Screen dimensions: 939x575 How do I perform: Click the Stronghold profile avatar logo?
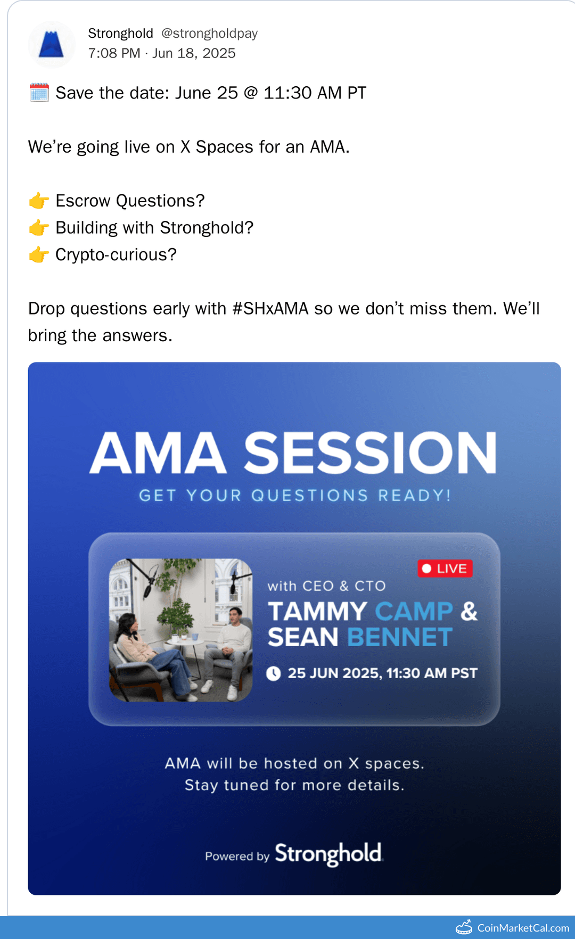(52, 45)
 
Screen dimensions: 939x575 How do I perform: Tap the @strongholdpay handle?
(209, 34)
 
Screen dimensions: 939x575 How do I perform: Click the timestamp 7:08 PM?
(114, 54)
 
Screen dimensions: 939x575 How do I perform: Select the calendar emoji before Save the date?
(39, 93)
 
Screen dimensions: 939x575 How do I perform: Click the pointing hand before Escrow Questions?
(39, 201)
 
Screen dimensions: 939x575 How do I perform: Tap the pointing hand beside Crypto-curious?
(39, 255)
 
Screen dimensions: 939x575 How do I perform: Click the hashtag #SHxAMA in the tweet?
(270, 309)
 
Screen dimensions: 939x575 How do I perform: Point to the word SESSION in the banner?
(371, 453)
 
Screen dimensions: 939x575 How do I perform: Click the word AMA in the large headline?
(158, 453)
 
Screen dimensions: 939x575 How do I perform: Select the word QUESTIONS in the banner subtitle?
(309, 496)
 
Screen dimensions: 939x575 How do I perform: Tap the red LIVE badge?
(445, 569)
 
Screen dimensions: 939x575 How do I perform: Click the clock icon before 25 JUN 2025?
(274, 673)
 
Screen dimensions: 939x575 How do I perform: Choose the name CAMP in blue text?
(414, 611)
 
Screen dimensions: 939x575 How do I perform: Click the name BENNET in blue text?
(400, 637)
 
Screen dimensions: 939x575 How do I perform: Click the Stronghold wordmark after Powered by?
(328, 854)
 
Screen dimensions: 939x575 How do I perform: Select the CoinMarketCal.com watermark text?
(523, 928)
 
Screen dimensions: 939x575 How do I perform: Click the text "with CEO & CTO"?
(326, 586)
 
